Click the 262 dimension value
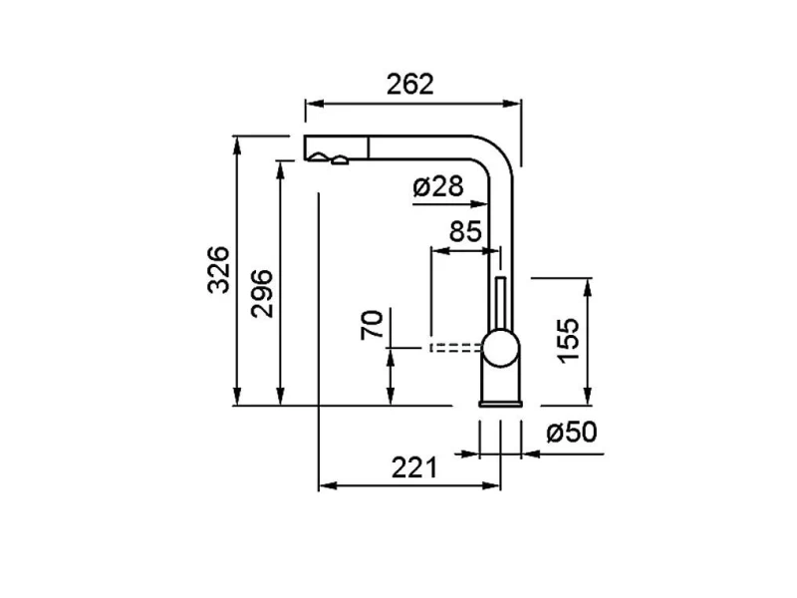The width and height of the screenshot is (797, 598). tap(410, 85)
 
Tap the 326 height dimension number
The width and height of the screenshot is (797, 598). tap(219, 269)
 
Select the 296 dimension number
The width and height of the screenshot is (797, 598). tap(262, 294)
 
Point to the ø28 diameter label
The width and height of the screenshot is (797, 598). tap(438, 186)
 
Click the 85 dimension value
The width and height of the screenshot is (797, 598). tap(465, 231)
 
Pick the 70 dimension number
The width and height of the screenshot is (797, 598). tap(372, 325)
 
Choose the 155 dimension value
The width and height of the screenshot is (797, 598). tap(568, 341)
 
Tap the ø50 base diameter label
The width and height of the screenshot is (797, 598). tap(572, 433)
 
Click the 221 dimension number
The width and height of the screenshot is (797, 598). tap(414, 467)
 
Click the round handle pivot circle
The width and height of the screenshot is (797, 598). tap(501, 348)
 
